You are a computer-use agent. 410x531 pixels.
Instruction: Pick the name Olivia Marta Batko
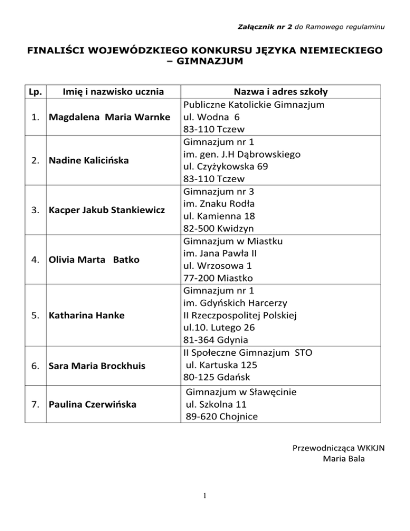click(x=94, y=260)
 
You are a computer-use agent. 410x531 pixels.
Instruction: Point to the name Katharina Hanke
click(x=85, y=315)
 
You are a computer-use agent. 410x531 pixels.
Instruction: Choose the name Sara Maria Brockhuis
click(x=97, y=367)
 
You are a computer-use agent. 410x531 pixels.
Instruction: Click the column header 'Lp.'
click(x=34, y=91)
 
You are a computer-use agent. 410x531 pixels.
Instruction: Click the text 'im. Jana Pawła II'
click(x=220, y=253)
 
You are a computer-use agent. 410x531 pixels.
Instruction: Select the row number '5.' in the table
click(x=35, y=315)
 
